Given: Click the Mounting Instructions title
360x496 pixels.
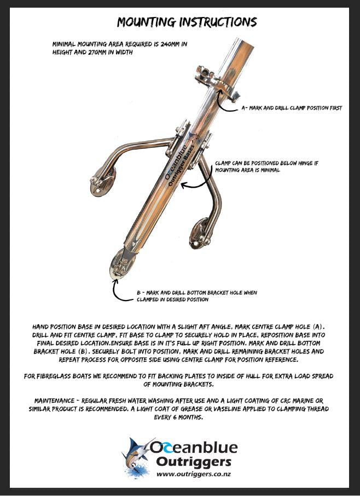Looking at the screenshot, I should (x=187, y=22).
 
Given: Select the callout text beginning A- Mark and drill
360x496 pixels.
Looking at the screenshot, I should (x=292, y=108).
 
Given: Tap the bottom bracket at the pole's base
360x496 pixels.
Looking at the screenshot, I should (x=121, y=266).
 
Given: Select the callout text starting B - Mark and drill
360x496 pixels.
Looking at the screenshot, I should (x=196, y=296).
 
